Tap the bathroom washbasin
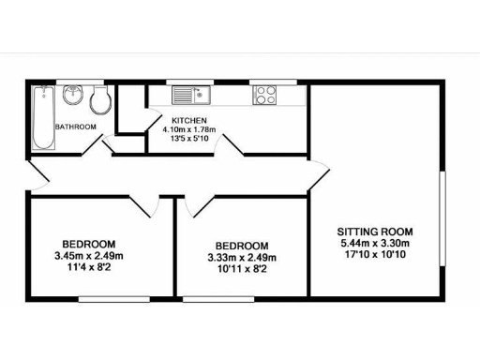click(x=73, y=96)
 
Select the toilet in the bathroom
click(x=98, y=97)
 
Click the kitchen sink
click(x=193, y=95)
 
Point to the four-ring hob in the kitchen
click(x=263, y=95)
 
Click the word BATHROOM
click(x=75, y=127)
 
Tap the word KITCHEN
click(x=189, y=121)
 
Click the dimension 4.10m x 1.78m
click(x=189, y=130)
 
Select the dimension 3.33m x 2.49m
click(x=242, y=258)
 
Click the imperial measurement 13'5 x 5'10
click(x=189, y=140)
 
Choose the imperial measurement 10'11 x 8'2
click(x=242, y=269)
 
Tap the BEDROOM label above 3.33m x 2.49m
click(x=242, y=247)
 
